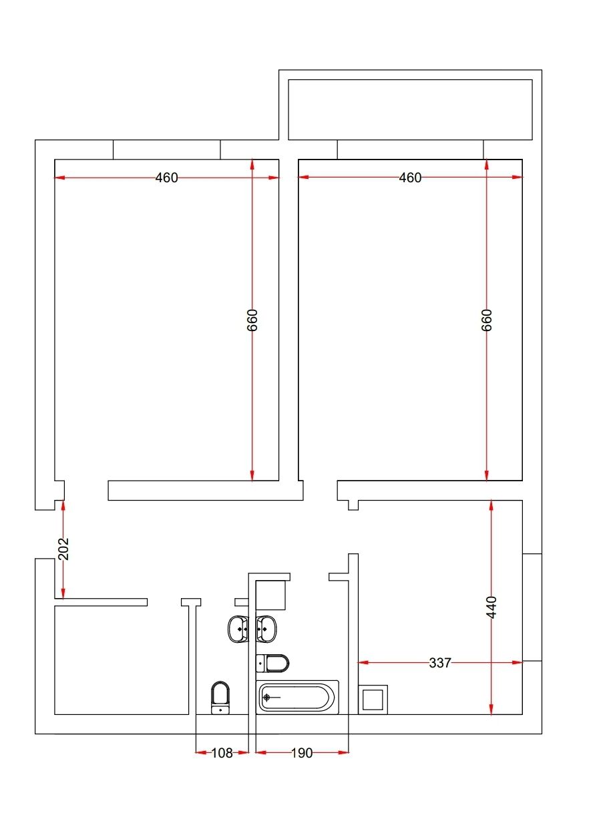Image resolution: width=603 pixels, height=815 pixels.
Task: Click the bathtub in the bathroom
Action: click(297, 698)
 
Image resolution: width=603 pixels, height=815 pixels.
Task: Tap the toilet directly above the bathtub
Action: click(273, 663)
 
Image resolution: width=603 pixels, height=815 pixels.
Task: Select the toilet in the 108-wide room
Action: click(220, 698)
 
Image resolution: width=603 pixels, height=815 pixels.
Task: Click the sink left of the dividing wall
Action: click(238, 629)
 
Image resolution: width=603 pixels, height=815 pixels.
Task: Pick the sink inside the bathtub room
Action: click(266, 629)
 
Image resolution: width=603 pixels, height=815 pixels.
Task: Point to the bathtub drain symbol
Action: click(267, 698)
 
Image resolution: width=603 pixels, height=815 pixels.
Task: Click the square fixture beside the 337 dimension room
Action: click(373, 700)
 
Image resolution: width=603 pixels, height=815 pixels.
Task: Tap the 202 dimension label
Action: click(63, 548)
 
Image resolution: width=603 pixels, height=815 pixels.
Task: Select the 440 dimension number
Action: click(491, 607)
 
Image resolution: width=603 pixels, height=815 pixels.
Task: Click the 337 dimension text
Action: click(440, 663)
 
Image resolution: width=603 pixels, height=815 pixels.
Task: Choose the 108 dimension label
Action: click(222, 753)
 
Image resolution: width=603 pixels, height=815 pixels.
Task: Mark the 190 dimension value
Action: click(302, 753)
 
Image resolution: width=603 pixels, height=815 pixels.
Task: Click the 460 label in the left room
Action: click(167, 178)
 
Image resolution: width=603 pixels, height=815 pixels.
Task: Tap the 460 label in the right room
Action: click(411, 178)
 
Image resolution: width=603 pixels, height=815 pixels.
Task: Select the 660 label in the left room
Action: click(252, 320)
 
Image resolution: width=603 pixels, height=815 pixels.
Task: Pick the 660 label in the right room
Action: click(487, 320)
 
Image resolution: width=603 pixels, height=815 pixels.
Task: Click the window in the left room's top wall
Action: click(167, 150)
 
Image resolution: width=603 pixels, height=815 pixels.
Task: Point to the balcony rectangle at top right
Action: click(410, 109)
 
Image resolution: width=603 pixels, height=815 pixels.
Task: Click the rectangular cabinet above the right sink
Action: click(272, 595)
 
